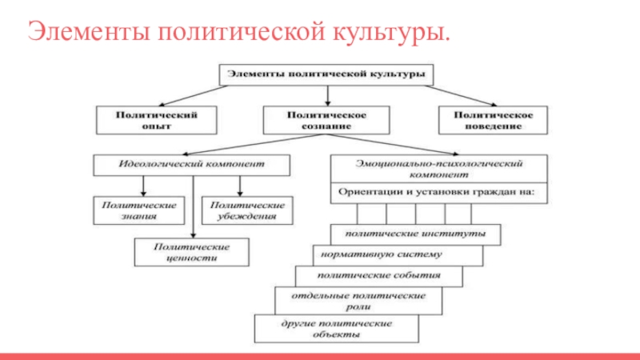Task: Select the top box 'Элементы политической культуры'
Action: pyautogui.click(x=327, y=74)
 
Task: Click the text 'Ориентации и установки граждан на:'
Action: pyautogui.click(x=439, y=192)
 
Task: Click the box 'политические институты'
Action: pyautogui.click(x=416, y=234)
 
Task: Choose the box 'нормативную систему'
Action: pyautogui.click(x=398, y=255)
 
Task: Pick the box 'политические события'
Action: pyautogui.click(x=379, y=276)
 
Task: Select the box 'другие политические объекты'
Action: pyautogui.click(x=336, y=329)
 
